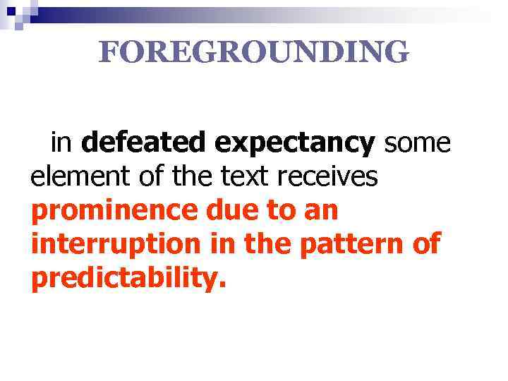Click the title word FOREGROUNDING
[253, 52]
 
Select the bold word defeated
[146, 143]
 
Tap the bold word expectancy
[296, 143]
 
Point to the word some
[417, 143]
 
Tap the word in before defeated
[62, 143]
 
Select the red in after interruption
[212, 244]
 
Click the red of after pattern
[426, 244]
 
